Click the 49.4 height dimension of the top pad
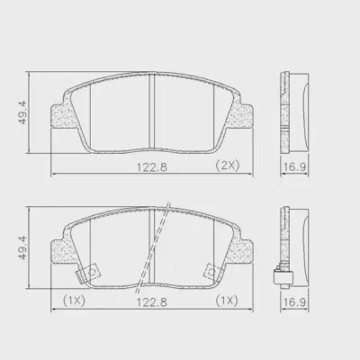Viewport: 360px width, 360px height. [22, 112]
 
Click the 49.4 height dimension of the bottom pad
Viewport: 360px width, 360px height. [22, 247]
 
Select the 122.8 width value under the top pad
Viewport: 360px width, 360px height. [152, 166]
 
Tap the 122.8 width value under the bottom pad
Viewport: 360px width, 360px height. [152, 302]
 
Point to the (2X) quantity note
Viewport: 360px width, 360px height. [228, 166]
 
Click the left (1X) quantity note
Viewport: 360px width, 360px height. [74, 301]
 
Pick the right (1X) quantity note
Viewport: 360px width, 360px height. [227, 301]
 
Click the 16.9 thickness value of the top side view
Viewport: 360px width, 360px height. [295, 166]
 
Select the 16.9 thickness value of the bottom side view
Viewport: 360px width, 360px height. [295, 302]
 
